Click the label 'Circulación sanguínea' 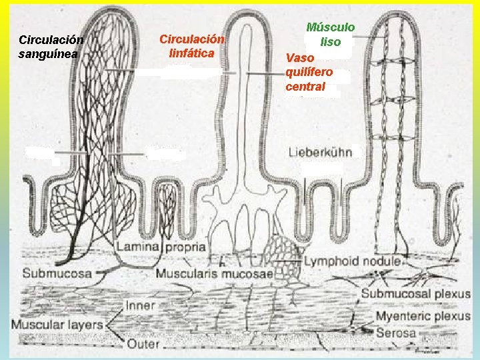(51, 46)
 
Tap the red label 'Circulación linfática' (191, 46)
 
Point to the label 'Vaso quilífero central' (309, 72)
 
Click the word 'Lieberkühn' (320, 152)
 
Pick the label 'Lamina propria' (161, 247)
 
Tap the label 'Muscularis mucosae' (215, 273)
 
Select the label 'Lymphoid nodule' (352, 261)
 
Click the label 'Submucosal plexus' (416, 293)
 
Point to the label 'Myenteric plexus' (423, 316)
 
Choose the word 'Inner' (139, 306)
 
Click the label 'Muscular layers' (57, 325)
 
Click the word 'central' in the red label (305, 87)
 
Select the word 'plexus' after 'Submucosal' (452, 293)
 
